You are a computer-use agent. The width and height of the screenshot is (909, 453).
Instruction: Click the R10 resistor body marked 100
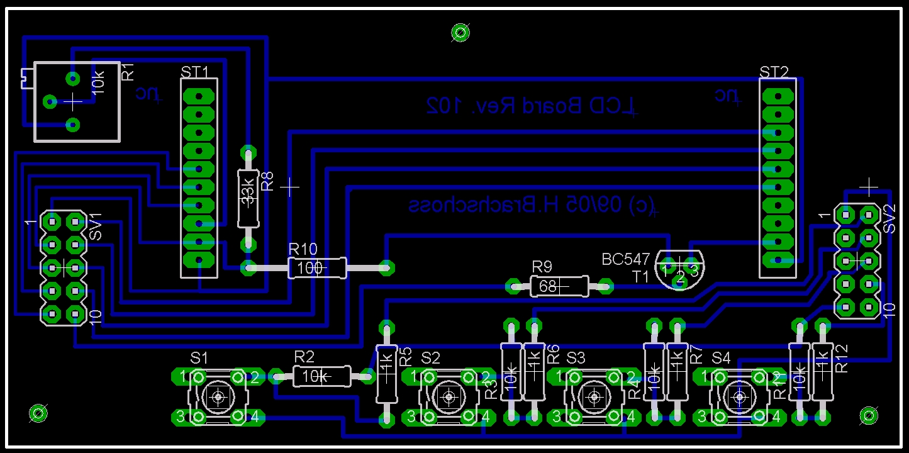click(317, 268)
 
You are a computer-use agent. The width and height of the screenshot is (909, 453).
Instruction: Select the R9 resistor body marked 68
click(559, 287)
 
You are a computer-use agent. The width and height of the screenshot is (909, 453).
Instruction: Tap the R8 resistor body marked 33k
click(248, 198)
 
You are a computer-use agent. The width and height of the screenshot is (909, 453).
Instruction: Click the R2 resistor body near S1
click(321, 376)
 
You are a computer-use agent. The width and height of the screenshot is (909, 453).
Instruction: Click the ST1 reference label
click(194, 72)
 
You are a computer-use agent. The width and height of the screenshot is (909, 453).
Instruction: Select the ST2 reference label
click(773, 72)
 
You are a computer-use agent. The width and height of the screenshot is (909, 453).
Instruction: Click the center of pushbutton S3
click(593, 397)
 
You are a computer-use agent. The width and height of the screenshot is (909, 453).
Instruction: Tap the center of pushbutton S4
click(738, 397)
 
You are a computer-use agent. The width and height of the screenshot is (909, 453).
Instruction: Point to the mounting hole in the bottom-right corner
click(869, 415)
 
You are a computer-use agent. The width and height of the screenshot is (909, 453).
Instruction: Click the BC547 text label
click(625, 259)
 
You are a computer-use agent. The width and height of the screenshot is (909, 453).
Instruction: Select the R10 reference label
click(303, 249)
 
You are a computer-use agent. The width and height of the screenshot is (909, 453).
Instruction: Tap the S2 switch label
click(431, 358)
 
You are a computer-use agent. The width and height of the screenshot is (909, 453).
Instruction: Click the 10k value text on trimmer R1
click(99, 82)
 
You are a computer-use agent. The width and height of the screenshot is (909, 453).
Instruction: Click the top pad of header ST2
click(779, 96)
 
